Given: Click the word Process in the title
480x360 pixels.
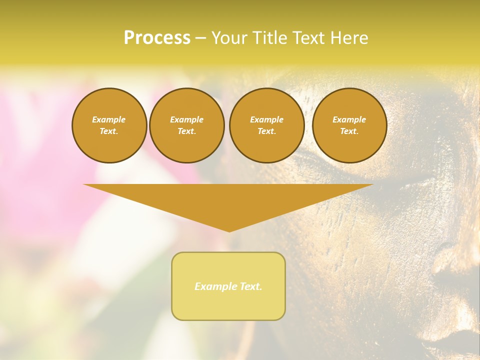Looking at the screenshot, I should point(157,38).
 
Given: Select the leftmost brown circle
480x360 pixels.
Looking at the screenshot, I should point(109,125).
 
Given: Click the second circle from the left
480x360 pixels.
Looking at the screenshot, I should point(186,125).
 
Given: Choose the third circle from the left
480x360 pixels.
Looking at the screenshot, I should point(266,125).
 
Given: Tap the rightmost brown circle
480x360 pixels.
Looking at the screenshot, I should point(349,125).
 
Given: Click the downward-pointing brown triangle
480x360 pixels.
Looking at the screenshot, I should point(228,200).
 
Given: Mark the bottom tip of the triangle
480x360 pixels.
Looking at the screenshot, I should point(229,230).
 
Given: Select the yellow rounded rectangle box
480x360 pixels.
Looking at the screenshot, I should point(228,286).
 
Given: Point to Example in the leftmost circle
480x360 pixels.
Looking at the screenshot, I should point(109,119).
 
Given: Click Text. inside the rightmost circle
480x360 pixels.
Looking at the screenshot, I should point(349,131).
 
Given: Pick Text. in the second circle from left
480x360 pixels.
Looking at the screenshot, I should point(186,131).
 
